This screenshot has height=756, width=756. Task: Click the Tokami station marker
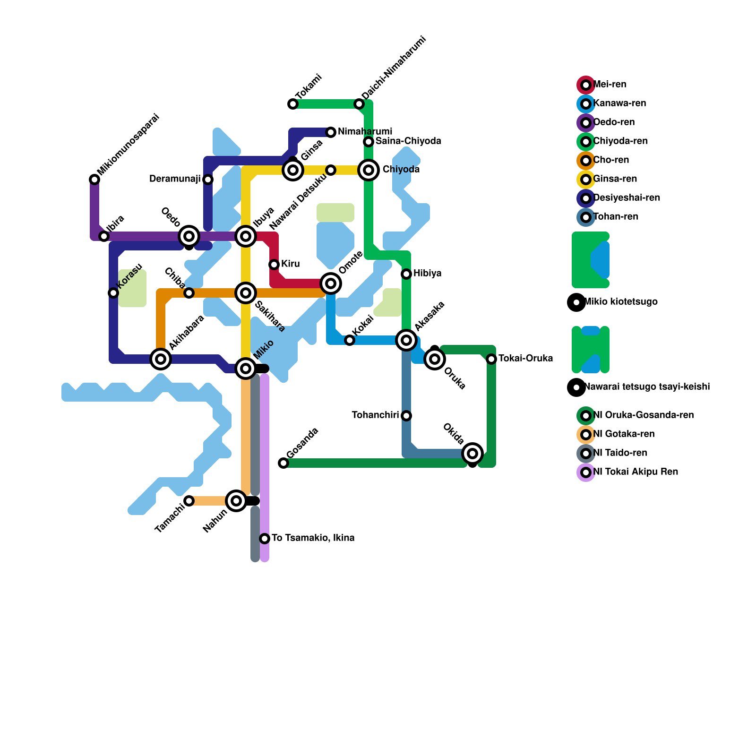click(293, 104)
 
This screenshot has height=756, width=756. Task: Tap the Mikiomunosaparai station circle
click(94, 180)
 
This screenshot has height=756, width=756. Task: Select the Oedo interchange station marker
click(189, 236)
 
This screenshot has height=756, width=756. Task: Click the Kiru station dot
click(274, 265)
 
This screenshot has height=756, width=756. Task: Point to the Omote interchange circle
click(331, 283)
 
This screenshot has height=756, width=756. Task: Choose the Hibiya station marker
click(406, 274)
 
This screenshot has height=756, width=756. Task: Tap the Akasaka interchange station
click(406, 340)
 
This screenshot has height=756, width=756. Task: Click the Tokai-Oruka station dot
click(491, 359)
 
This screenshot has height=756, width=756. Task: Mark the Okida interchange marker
click(472, 454)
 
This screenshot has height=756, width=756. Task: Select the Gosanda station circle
click(283, 463)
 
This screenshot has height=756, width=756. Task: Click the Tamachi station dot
click(189, 501)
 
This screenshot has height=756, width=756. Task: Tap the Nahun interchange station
click(236, 501)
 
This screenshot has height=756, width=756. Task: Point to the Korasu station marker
click(113, 293)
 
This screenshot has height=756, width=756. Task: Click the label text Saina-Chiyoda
click(408, 141)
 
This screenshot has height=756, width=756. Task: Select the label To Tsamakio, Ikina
click(313, 538)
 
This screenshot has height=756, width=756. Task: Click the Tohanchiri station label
click(375, 415)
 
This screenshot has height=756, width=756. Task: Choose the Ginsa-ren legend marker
click(586, 180)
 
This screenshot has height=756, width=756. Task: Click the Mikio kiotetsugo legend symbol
click(576, 302)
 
